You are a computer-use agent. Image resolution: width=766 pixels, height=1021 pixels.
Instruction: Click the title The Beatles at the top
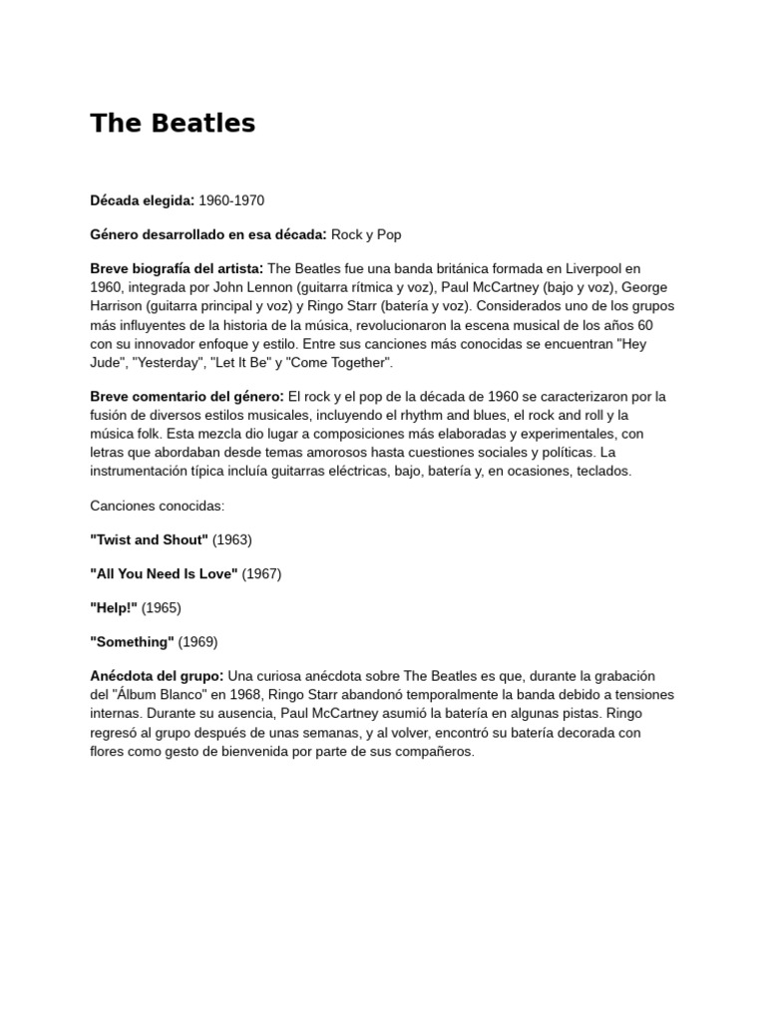(173, 123)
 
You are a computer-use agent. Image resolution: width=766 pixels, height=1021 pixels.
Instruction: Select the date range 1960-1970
(231, 200)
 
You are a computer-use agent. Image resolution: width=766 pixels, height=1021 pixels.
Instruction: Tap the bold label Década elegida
(142, 200)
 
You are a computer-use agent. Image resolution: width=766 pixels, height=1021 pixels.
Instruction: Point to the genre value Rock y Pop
(366, 234)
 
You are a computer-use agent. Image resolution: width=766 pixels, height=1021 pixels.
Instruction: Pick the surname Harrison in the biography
(121, 306)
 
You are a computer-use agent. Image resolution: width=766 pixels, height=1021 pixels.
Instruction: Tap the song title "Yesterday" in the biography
(171, 362)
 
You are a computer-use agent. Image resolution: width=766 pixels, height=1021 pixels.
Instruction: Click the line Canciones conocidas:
(158, 506)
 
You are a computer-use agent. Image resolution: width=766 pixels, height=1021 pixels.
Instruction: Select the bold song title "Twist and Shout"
(149, 539)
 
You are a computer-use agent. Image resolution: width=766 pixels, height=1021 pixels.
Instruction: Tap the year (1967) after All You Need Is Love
(261, 573)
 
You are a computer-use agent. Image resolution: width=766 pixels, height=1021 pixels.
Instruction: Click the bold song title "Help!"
(114, 607)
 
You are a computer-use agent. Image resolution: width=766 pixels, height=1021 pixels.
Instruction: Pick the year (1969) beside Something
(197, 641)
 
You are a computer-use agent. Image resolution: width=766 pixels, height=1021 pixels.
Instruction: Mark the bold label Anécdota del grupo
(157, 675)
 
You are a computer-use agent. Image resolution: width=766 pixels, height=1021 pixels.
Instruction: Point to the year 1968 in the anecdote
(278, 694)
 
